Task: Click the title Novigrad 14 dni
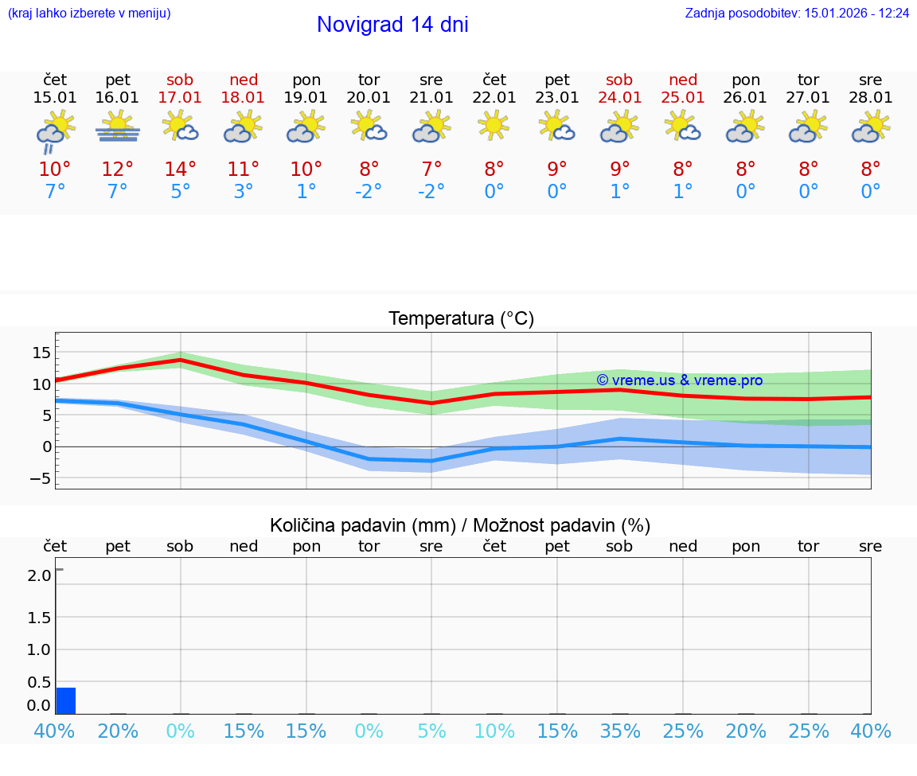pyautogui.click(x=392, y=25)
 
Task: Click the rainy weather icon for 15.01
pyautogui.click(x=55, y=131)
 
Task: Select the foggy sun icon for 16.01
pyautogui.click(x=118, y=127)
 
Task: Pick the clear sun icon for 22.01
pyautogui.click(x=494, y=125)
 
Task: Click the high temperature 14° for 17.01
pyautogui.click(x=181, y=170)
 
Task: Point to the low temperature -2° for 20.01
pyautogui.click(x=369, y=192)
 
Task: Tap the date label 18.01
pyautogui.click(x=244, y=97)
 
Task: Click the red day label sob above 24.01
pyautogui.click(x=619, y=80)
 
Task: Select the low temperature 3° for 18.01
pyautogui.click(x=244, y=192)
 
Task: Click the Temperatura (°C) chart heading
pyautogui.click(x=461, y=319)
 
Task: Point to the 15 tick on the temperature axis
pyautogui.click(x=41, y=353)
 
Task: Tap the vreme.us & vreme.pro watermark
pyautogui.click(x=679, y=380)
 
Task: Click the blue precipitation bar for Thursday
pyautogui.click(x=66, y=700)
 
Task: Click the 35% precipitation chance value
pyautogui.click(x=620, y=731)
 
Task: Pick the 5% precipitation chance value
pyautogui.click(x=431, y=731)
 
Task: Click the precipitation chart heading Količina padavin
pyautogui.click(x=460, y=525)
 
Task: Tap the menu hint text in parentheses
pyautogui.click(x=89, y=14)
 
